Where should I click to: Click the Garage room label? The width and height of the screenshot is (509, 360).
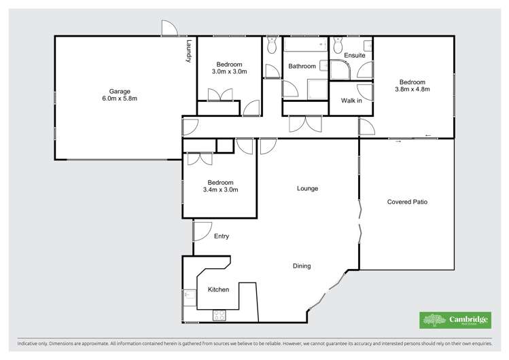[120, 91]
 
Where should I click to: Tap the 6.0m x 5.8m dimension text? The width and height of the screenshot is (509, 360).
[120, 99]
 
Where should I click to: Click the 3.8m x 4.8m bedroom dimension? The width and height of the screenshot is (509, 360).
[413, 88]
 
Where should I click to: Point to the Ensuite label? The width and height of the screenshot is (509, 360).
[354, 55]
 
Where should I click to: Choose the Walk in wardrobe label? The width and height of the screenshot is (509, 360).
[351, 100]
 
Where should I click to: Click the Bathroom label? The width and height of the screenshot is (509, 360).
[302, 67]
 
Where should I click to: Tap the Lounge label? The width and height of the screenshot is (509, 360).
[307, 188]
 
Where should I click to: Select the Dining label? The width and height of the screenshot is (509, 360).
[302, 266]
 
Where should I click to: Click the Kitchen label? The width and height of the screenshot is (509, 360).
[218, 289]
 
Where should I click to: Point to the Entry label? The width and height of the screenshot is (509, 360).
[222, 236]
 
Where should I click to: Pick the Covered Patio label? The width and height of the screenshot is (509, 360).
[407, 202]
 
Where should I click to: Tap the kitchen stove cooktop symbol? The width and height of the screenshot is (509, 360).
[219, 315]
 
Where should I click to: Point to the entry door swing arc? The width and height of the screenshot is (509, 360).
[201, 232]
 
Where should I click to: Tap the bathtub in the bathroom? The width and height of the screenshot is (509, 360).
[304, 46]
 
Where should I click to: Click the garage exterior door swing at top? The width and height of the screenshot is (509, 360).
[170, 29]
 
